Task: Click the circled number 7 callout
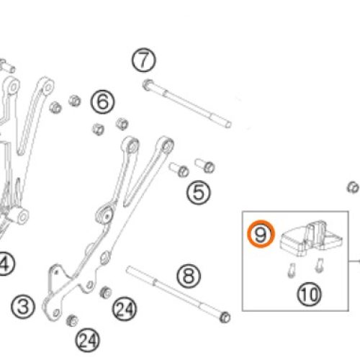144,60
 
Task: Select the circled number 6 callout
103,102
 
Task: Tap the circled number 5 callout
199,192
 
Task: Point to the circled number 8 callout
189,276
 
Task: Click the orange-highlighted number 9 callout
261,234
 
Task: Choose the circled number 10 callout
310,294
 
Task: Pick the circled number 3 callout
23,307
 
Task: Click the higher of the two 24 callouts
125,309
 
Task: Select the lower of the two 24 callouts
87,341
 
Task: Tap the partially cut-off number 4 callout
5,264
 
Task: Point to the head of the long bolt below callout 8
225,318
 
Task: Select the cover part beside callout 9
311,238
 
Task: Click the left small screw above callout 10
292,271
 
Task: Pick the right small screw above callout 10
320,266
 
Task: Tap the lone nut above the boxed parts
353,187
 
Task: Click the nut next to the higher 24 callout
105,292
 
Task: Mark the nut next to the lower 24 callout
72,320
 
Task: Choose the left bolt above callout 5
179,169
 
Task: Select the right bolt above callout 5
204,166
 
